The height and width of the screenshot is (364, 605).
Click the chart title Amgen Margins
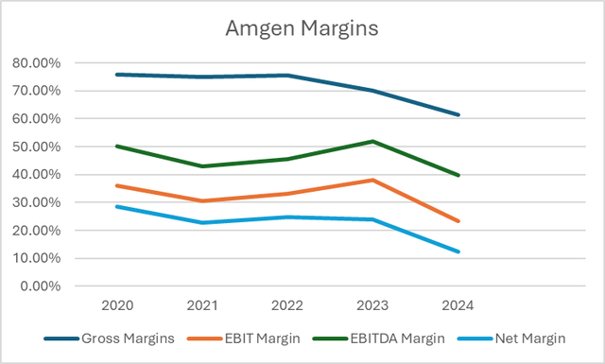[x=302, y=28]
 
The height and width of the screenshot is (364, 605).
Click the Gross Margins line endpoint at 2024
[x=458, y=114]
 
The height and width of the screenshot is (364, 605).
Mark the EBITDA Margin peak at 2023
[x=372, y=142]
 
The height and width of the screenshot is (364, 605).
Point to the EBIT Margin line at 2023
[x=372, y=180]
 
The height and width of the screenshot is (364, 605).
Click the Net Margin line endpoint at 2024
[x=458, y=251]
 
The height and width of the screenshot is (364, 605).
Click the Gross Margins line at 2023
[x=372, y=91]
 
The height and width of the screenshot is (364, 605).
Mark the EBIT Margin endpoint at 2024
[x=458, y=221]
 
